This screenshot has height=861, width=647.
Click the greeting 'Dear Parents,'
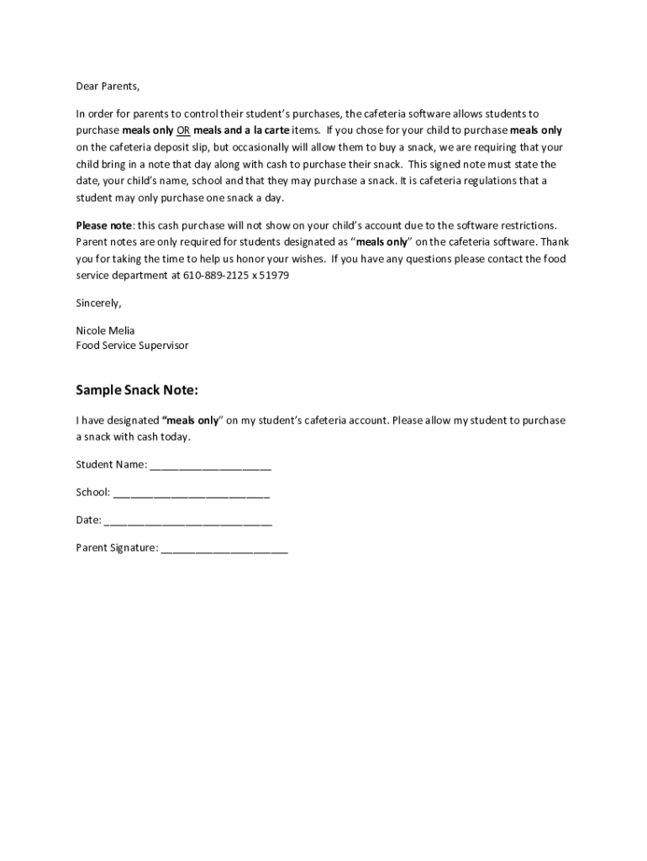coord(108,87)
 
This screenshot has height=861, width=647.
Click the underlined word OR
coord(183,130)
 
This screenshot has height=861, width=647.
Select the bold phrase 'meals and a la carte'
coord(241,130)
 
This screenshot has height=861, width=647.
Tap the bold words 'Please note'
coord(104,225)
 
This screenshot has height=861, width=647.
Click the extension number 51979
coord(274,276)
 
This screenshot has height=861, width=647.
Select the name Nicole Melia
coord(105,330)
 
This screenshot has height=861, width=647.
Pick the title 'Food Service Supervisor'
coord(132,346)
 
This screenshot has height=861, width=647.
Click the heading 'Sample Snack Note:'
coord(137,390)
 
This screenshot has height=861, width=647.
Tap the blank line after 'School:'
coord(191,494)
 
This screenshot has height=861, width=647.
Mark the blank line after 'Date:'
coord(187,521)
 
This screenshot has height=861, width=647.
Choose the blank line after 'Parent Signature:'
coord(224,549)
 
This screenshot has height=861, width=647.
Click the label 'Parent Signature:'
coord(117,548)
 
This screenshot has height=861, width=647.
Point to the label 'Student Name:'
coord(111,465)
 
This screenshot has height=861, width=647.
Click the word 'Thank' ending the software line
coord(555,242)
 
